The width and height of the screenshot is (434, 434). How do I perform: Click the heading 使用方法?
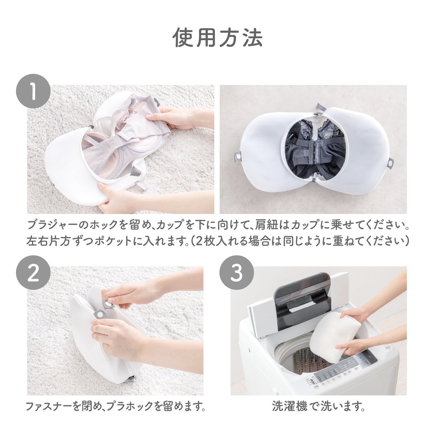coord(218,38)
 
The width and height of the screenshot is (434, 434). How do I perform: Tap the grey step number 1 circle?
coord(33,91)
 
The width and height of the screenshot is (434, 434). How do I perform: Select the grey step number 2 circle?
coord(33,273)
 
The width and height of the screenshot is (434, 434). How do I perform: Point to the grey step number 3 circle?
coord(237,273)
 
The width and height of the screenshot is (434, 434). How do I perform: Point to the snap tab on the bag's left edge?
coord(238,156)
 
